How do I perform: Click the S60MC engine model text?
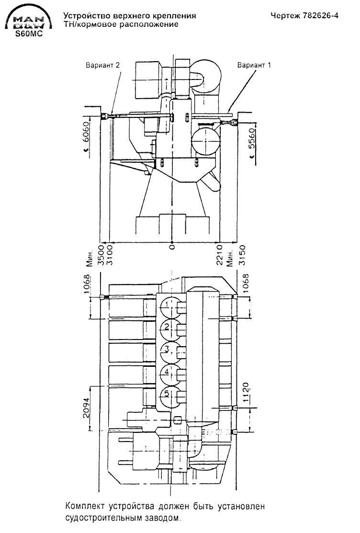[x=29, y=34]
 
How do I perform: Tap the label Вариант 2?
[x=102, y=65]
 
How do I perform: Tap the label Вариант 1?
[x=254, y=65]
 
